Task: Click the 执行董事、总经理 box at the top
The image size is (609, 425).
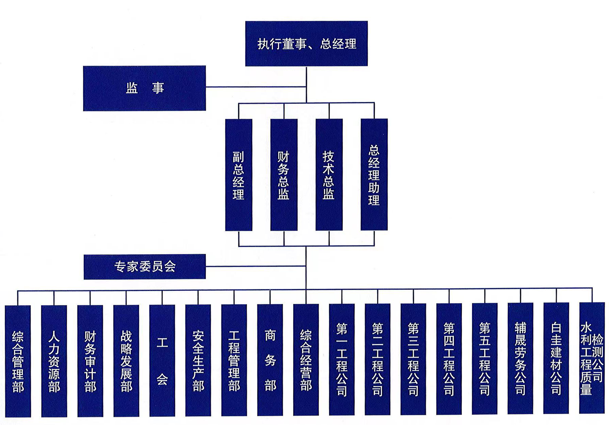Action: pyautogui.click(x=306, y=44)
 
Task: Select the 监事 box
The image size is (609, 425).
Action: pyautogui.click(x=144, y=88)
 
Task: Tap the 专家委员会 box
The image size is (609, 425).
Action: pyautogui.click(x=145, y=267)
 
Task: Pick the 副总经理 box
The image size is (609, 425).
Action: pyautogui.click(x=238, y=175)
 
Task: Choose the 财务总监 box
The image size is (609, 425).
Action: pyautogui.click(x=284, y=175)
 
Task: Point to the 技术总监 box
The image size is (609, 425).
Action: pyautogui.click(x=329, y=175)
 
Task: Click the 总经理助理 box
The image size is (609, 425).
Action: pyautogui.click(x=374, y=175)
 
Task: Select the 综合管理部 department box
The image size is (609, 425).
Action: pyautogui.click(x=18, y=361)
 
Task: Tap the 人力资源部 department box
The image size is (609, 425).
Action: pyautogui.click(x=54, y=361)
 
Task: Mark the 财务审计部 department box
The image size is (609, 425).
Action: pyautogui.click(x=90, y=361)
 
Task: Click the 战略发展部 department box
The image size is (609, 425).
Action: pyautogui.click(x=126, y=361)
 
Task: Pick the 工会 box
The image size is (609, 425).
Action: pyautogui.click(x=162, y=361)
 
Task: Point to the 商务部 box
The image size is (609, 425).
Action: pyautogui.click(x=270, y=360)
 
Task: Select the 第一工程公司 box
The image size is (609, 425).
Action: pyautogui.click(x=342, y=359)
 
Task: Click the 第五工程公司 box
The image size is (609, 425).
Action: pyautogui.click(x=485, y=359)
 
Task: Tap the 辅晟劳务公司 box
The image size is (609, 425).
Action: pyautogui.click(x=521, y=358)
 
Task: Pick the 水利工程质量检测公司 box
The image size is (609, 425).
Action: pyautogui.click(x=592, y=358)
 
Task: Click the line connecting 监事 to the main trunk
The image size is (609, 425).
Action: pyautogui.click(x=256, y=87)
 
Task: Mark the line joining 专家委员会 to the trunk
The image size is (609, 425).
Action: pyautogui.click(x=256, y=266)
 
